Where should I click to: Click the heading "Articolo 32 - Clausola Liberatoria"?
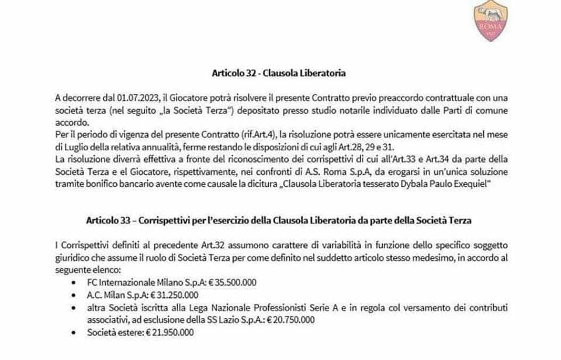coord(279,74)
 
